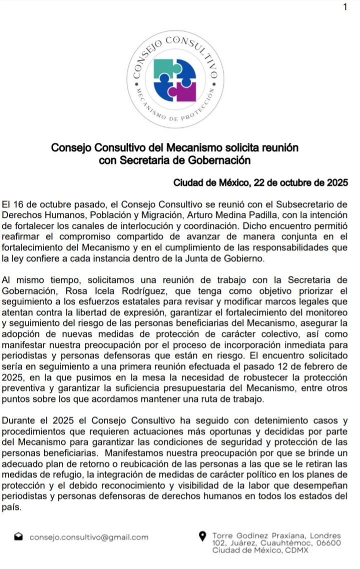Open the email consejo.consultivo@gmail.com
point(89,537)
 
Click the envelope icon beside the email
point(18,537)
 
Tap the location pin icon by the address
point(202,537)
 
